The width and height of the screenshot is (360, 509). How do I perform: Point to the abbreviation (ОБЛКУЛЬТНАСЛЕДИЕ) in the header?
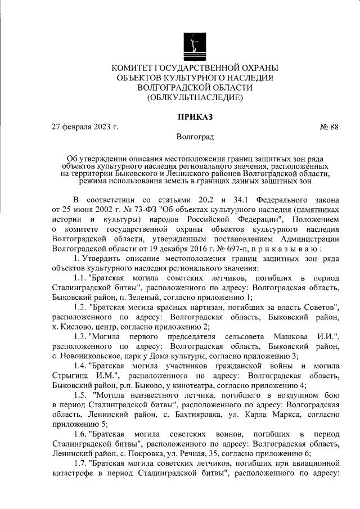(195, 98)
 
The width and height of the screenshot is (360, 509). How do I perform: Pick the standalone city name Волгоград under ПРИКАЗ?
(195, 137)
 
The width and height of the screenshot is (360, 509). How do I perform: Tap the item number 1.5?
(82, 395)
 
